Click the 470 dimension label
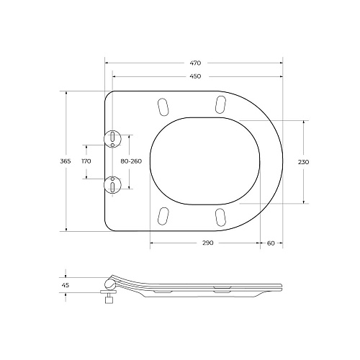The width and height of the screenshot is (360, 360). [x=195, y=63]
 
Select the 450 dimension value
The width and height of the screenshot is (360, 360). [x=195, y=76]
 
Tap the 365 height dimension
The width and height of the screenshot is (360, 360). [x=66, y=161]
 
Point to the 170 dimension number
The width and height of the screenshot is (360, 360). [x=86, y=161]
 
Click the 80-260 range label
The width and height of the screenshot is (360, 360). [x=131, y=161]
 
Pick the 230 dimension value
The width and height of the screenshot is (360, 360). [x=303, y=162]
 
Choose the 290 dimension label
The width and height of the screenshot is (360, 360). [x=207, y=243]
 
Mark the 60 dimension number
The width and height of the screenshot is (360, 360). [x=271, y=243]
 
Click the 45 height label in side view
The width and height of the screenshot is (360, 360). [x=66, y=285]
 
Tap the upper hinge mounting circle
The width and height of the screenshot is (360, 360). [x=112, y=139]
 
